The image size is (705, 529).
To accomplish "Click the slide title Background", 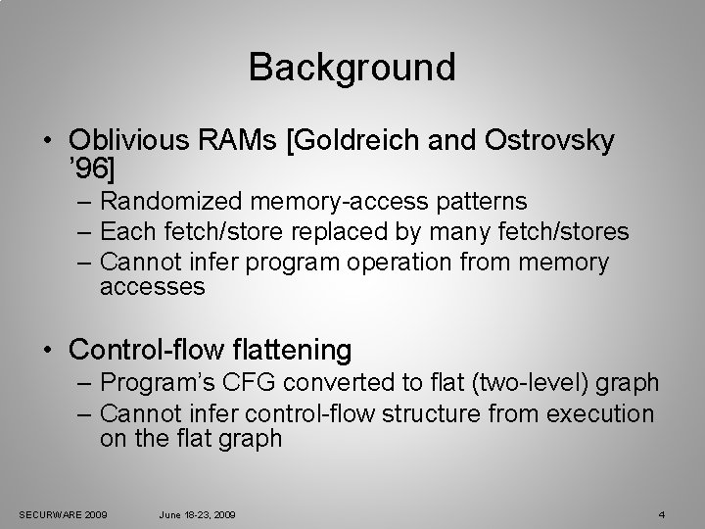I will coord(352,68).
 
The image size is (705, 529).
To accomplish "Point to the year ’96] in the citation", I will coord(92,169).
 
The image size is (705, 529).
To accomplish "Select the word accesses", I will coord(152,287).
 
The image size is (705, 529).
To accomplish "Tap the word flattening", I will coord(299,348).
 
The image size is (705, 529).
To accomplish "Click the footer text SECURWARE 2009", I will coord(64,514).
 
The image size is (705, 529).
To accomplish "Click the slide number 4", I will coord(662,514).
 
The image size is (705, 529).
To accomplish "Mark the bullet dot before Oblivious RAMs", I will coord(47,141).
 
